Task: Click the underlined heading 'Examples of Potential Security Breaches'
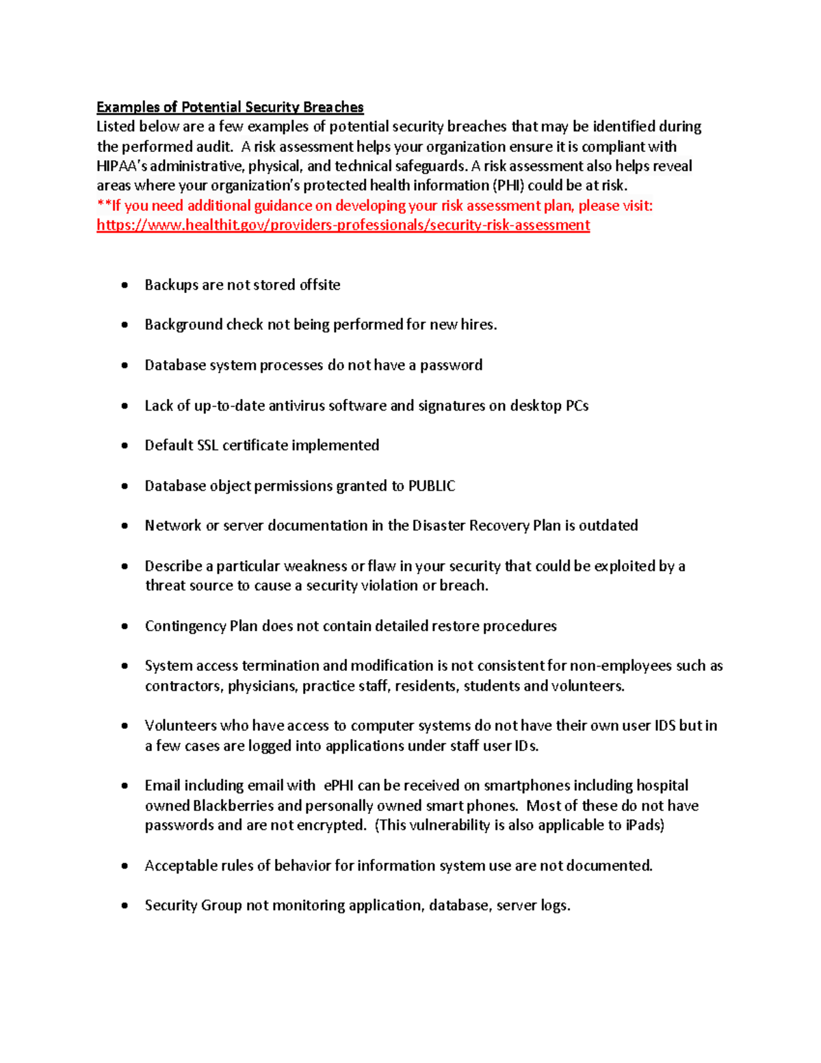point(230,107)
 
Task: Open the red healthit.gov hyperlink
point(343,225)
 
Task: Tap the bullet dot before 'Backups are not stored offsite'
point(125,285)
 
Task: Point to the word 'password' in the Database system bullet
point(451,365)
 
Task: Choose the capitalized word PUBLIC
point(432,485)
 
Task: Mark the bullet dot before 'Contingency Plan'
point(125,626)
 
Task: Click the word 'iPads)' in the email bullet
point(645,825)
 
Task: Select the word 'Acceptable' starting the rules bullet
point(179,865)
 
